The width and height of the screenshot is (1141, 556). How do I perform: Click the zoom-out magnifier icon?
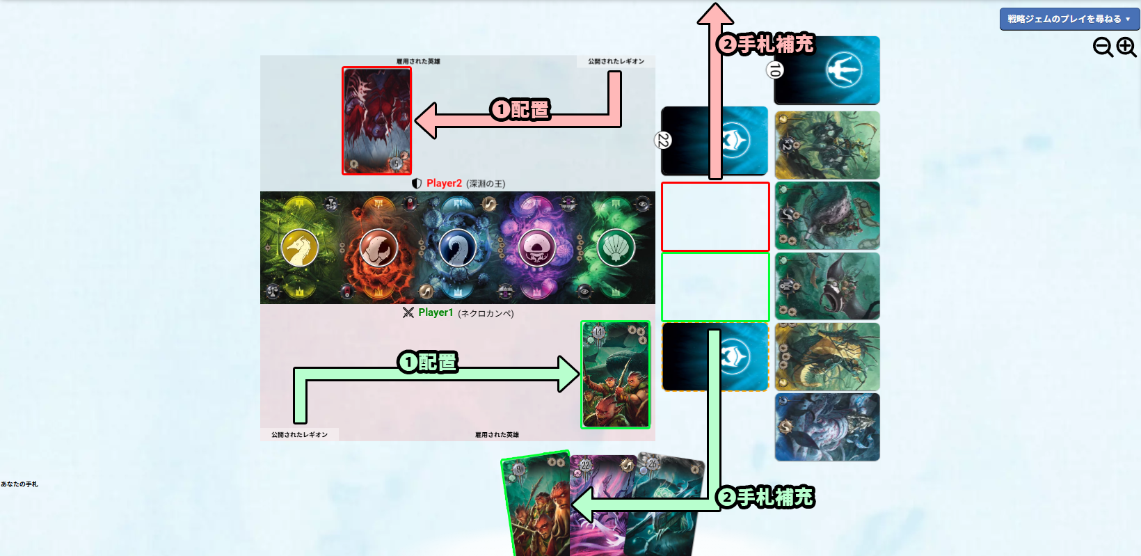pos(1103,47)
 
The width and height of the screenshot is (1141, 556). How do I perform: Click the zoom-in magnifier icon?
pos(1126,47)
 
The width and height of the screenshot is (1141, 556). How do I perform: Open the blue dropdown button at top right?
pos(1069,19)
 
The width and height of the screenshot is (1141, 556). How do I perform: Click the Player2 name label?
pos(444,183)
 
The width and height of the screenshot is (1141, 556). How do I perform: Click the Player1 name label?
pos(436,312)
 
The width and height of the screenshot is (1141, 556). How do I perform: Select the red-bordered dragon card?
pos(377,120)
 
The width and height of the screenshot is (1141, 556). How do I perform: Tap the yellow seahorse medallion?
pos(300,247)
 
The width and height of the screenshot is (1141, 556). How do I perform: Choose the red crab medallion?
pos(378,247)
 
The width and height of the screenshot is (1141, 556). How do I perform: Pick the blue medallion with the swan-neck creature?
pos(457,247)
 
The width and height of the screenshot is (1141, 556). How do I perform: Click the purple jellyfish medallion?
pos(536,247)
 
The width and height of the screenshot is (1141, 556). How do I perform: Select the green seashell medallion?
pos(616,247)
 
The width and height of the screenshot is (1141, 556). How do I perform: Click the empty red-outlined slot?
pos(715,216)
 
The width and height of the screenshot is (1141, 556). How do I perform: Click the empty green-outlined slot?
pos(715,287)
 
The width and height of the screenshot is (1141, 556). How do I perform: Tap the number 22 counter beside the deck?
pos(663,141)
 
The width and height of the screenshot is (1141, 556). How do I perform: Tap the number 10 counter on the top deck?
pos(774,70)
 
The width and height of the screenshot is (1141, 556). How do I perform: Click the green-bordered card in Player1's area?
pos(616,374)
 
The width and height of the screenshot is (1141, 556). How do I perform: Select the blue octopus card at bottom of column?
pos(827,427)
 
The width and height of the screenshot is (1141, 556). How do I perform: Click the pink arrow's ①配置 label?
pos(520,109)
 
